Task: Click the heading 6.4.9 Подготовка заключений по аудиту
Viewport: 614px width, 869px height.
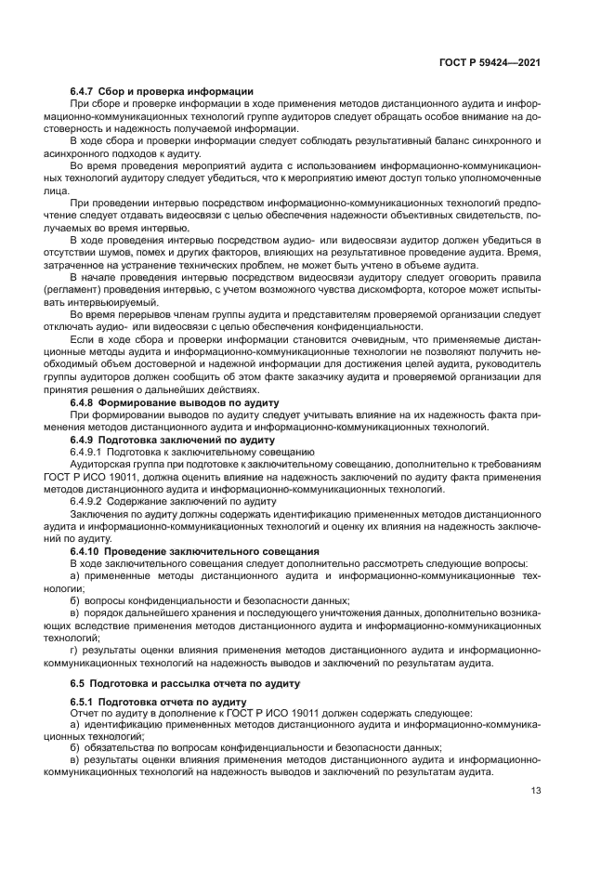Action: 168,437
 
